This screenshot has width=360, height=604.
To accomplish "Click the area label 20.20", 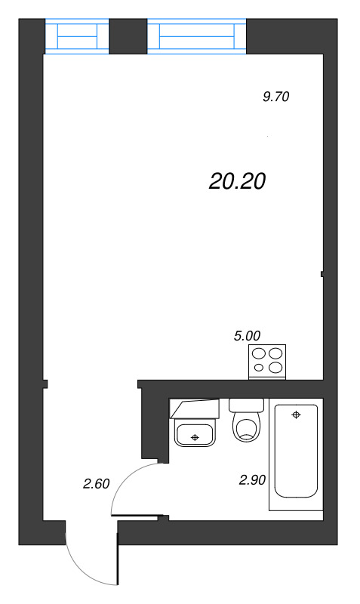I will (x=238, y=181).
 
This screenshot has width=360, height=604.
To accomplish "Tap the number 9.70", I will (x=276, y=97).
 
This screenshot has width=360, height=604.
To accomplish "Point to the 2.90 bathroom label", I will (x=252, y=479).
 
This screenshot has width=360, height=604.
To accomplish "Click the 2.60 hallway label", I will (x=97, y=484).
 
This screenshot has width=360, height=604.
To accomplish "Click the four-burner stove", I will (x=268, y=360).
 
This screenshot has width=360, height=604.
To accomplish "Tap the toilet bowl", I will (x=246, y=427).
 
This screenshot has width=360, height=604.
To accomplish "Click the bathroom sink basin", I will (x=195, y=434).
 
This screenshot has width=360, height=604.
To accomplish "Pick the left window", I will (x=77, y=36).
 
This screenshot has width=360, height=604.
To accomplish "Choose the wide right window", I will (x=197, y=36).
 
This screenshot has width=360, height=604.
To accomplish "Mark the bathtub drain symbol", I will (x=296, y=414).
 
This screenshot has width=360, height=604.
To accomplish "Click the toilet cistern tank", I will (x=246, y=405).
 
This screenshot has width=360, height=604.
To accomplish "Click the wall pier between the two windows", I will (x=128, y=35).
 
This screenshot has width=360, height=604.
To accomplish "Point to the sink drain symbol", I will (x=195, y=437).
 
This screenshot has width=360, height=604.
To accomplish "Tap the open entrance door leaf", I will (x=118, y=559).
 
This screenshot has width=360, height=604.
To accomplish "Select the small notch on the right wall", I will (x=322, y=273).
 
